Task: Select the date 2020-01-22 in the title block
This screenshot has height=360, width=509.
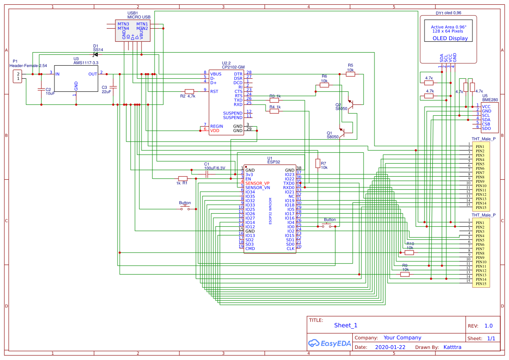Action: click(x=390, y=347)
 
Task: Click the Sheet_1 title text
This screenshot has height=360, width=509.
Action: click(x=346, y=325)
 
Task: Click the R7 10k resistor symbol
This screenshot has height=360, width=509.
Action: click(x=317, y=163)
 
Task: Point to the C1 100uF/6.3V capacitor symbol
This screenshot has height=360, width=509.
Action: click(x=207, y=174)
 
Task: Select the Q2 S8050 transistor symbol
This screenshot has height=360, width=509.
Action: click(x=354, y=104)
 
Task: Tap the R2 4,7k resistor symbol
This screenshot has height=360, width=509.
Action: click(x=189, y=91)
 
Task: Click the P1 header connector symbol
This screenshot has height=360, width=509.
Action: click(x=18, y=77)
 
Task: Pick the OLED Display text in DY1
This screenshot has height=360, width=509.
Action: click(x=450, y=38)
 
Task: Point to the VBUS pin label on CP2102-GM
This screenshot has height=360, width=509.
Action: click(x=216, y=74)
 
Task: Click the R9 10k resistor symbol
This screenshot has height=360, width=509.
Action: click(x=405, y=274)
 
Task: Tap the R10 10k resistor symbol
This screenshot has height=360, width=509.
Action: click(x=409, y=252)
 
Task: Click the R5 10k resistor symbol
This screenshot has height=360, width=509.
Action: click(x=351, y=74)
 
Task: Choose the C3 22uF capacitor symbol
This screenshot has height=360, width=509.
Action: click(x=113, y=87)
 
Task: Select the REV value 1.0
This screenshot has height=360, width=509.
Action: click(x=488, y=326)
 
